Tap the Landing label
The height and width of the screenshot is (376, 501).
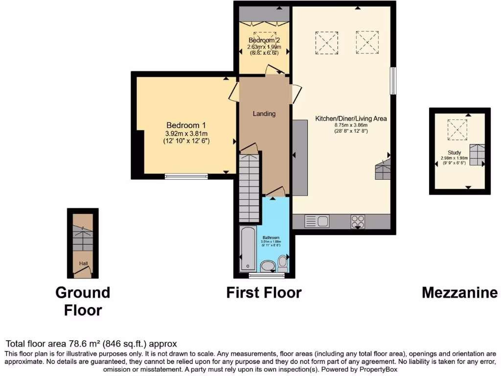[264, 114]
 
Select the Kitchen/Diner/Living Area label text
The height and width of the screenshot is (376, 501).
[351, 118]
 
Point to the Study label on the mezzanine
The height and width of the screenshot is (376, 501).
[454, 152]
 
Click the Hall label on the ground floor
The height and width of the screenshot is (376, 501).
[83, 264]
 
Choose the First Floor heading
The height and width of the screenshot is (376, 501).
[264, 293]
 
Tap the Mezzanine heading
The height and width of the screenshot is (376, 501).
[459, 293]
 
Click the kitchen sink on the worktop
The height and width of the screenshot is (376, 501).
[317, 221]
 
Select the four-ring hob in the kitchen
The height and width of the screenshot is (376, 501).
[358, 222]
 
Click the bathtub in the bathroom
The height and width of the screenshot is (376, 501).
[247, 249]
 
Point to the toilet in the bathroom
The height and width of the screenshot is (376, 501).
[282, 262]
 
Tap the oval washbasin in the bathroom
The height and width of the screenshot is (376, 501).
[268, 266]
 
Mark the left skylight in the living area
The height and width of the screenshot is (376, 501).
[327, 43]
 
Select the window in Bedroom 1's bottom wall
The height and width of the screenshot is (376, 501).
[185, 177]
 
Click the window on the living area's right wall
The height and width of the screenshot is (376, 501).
[393, 81]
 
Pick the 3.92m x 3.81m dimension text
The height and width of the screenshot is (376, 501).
[186, 134]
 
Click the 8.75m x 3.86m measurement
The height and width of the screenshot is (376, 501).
[351, 125]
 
